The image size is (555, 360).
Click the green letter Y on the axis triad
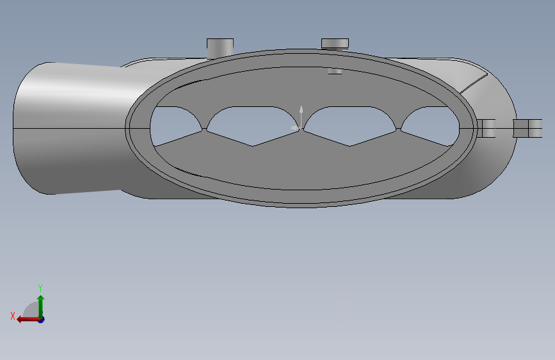(40, 288)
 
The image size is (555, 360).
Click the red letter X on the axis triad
(13, 316)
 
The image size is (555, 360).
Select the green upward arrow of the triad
(41, 307)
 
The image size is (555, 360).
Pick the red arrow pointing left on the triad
(29, 320)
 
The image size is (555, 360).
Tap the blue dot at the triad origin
(42, 320)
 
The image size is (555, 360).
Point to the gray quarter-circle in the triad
(32, 310)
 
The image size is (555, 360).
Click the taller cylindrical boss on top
(220, 48)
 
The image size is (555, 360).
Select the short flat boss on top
(335, 43)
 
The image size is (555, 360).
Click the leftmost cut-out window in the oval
(175, 125)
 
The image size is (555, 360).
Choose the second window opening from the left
(252, 126)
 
